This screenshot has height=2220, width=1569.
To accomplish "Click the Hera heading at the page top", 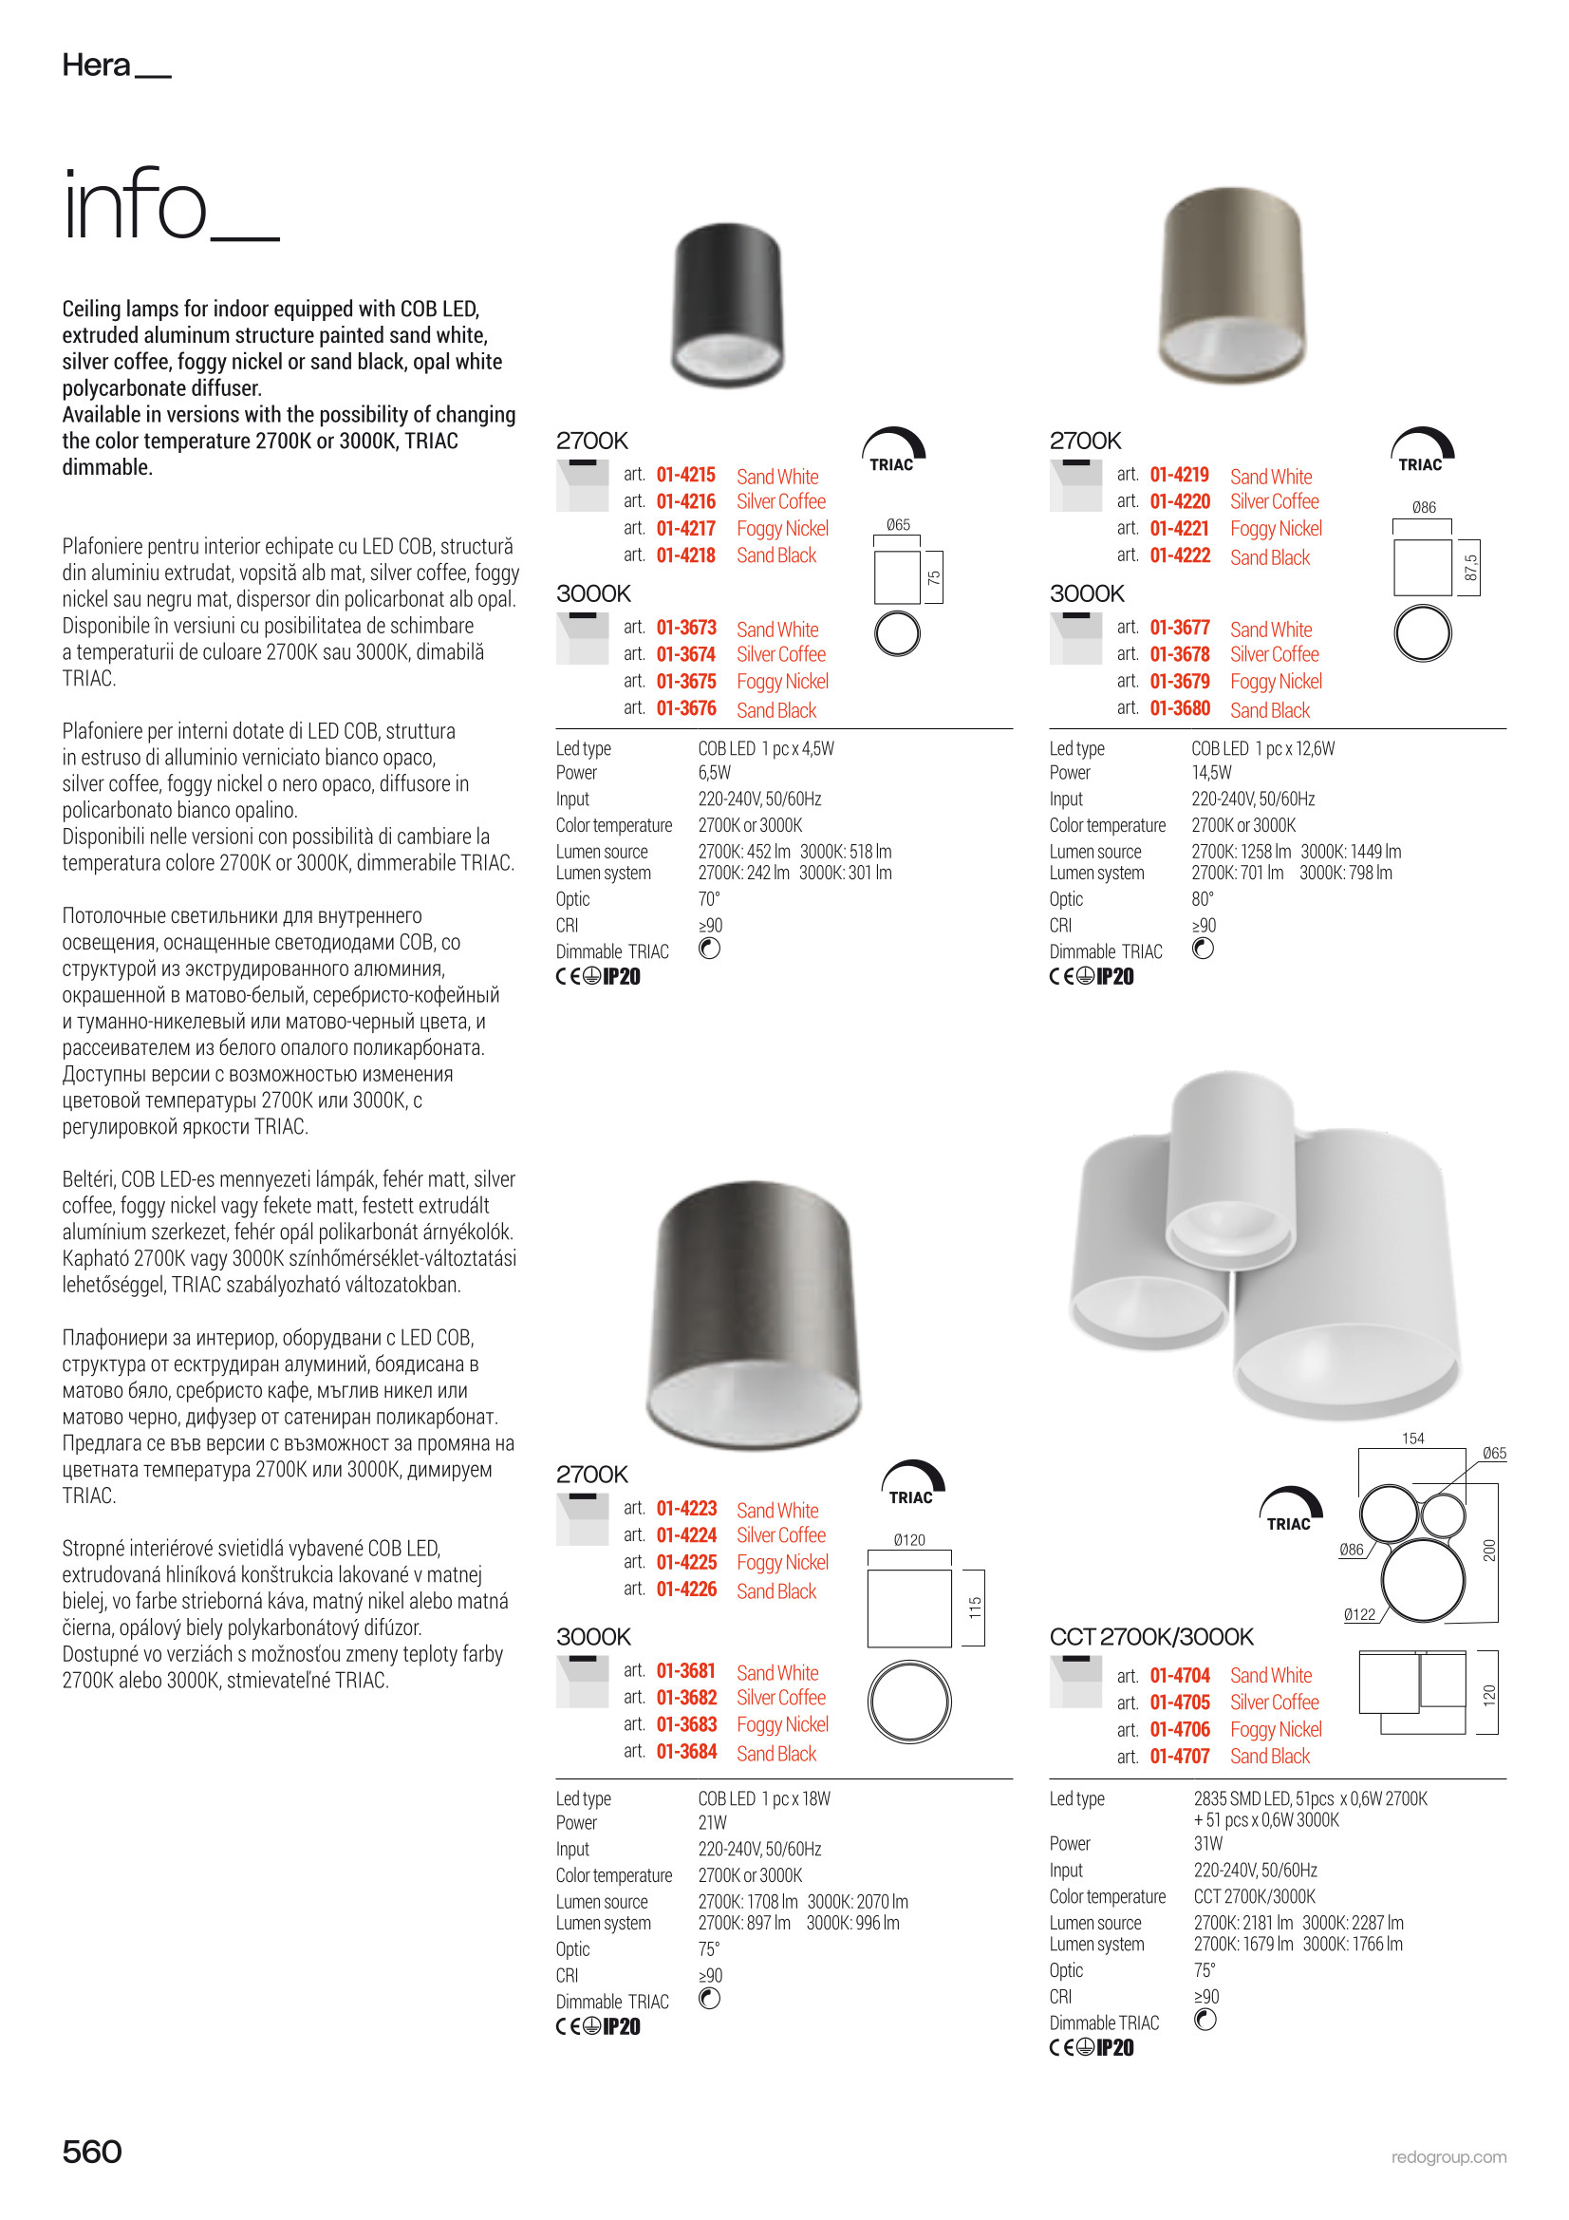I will (97, 65).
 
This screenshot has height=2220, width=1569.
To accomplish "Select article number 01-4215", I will (685, 475).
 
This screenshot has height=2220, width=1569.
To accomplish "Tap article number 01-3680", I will (1180, 708).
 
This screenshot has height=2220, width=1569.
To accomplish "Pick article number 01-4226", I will (685, 1590).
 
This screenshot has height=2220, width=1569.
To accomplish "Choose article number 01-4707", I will (1180, 1756).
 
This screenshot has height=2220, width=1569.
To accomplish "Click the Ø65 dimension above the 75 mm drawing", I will (898, 525).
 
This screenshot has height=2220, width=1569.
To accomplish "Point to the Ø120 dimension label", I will (908, 1540).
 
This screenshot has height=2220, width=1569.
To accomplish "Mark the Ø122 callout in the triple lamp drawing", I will (1359, 1615).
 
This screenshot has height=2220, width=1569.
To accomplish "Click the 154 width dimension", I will (1412, 1439).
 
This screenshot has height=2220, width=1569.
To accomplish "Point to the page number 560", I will (92, 2152).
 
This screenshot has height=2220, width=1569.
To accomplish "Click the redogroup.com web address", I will (1448, 2157).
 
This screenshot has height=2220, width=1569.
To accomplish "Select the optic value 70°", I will (709, 899).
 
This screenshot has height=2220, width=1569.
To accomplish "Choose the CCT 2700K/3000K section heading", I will (1150, 1637).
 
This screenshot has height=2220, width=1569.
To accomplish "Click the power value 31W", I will (1207, 1844).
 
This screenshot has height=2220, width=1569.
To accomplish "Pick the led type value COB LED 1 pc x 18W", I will (764, 1798).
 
